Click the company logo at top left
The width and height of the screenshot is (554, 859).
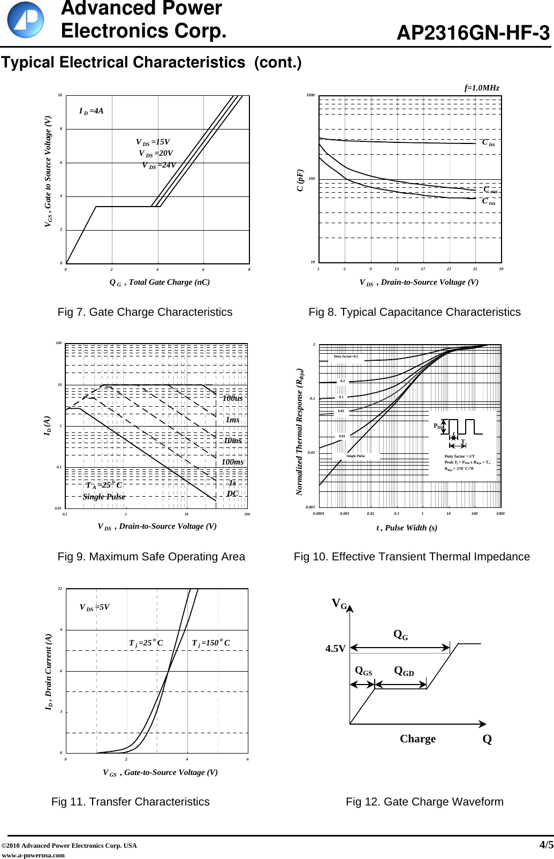coord(25,20)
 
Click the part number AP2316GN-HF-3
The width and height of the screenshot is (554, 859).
coord(473,34)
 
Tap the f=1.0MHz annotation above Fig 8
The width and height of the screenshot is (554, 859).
coord(481,88)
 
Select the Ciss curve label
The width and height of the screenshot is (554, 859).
coord(488,142)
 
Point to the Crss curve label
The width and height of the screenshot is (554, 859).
coord(488,201)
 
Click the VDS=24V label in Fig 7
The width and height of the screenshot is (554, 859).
coord(158,165)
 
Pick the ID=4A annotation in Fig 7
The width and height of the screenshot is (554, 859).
coord(91,111)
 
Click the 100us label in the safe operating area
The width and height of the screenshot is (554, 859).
coord(232,398)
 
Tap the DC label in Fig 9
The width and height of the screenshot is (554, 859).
coord(232,493)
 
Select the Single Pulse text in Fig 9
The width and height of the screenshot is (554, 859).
coord(104,497)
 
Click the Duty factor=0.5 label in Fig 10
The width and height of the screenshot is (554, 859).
coord(346,356)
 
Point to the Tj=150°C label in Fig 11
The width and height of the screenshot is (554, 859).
coord(211,643)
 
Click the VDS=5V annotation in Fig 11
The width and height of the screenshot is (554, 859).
coord(94,607)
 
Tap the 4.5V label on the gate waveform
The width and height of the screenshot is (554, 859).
coord(335,649)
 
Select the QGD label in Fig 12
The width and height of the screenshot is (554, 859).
coord(404,671)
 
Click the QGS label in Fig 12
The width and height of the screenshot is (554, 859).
coord(363,671)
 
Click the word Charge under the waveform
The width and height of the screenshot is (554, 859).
coord(418,739)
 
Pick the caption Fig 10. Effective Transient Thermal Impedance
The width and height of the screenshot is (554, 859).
coord(411,557)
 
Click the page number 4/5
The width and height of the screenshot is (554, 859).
coord(545,845)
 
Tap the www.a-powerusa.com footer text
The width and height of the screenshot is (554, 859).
coord(33,855)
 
